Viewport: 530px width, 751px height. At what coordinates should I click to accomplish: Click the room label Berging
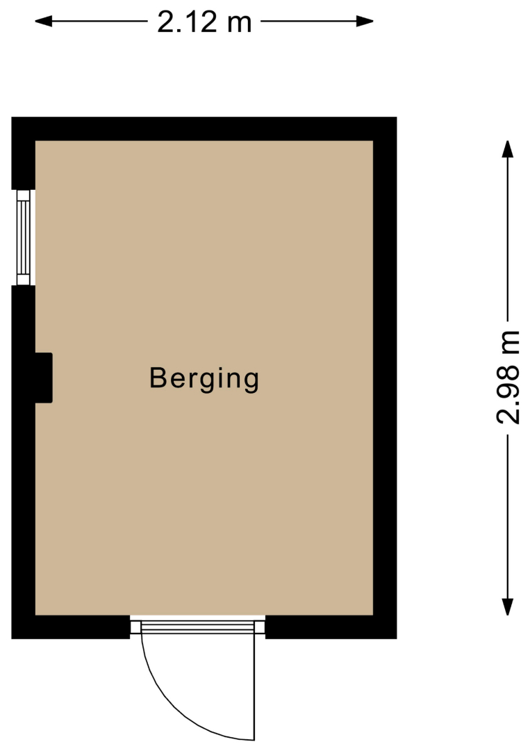204,378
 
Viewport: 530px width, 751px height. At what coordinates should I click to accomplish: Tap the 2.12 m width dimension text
204,22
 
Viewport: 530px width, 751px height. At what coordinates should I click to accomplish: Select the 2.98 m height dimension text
508,378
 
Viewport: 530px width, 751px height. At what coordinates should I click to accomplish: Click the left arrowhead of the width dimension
44,21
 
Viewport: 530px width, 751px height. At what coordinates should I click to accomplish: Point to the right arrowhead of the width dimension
365,21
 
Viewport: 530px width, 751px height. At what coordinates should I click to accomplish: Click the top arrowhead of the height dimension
508,149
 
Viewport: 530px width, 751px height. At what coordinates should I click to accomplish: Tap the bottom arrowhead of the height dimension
508,607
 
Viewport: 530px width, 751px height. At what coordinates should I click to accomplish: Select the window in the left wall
24,238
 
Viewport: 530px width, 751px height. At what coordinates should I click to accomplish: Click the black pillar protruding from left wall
44,378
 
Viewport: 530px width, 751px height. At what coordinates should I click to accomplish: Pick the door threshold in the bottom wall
197,627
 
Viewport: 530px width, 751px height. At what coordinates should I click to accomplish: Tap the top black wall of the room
204,129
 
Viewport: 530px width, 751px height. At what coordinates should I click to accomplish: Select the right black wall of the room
385,378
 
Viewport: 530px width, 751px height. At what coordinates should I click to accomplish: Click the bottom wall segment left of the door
71,627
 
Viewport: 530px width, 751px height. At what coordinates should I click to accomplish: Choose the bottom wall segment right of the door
331,627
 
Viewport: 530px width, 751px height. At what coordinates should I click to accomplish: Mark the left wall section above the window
24,153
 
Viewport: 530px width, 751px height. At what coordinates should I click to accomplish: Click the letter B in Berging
158,378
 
